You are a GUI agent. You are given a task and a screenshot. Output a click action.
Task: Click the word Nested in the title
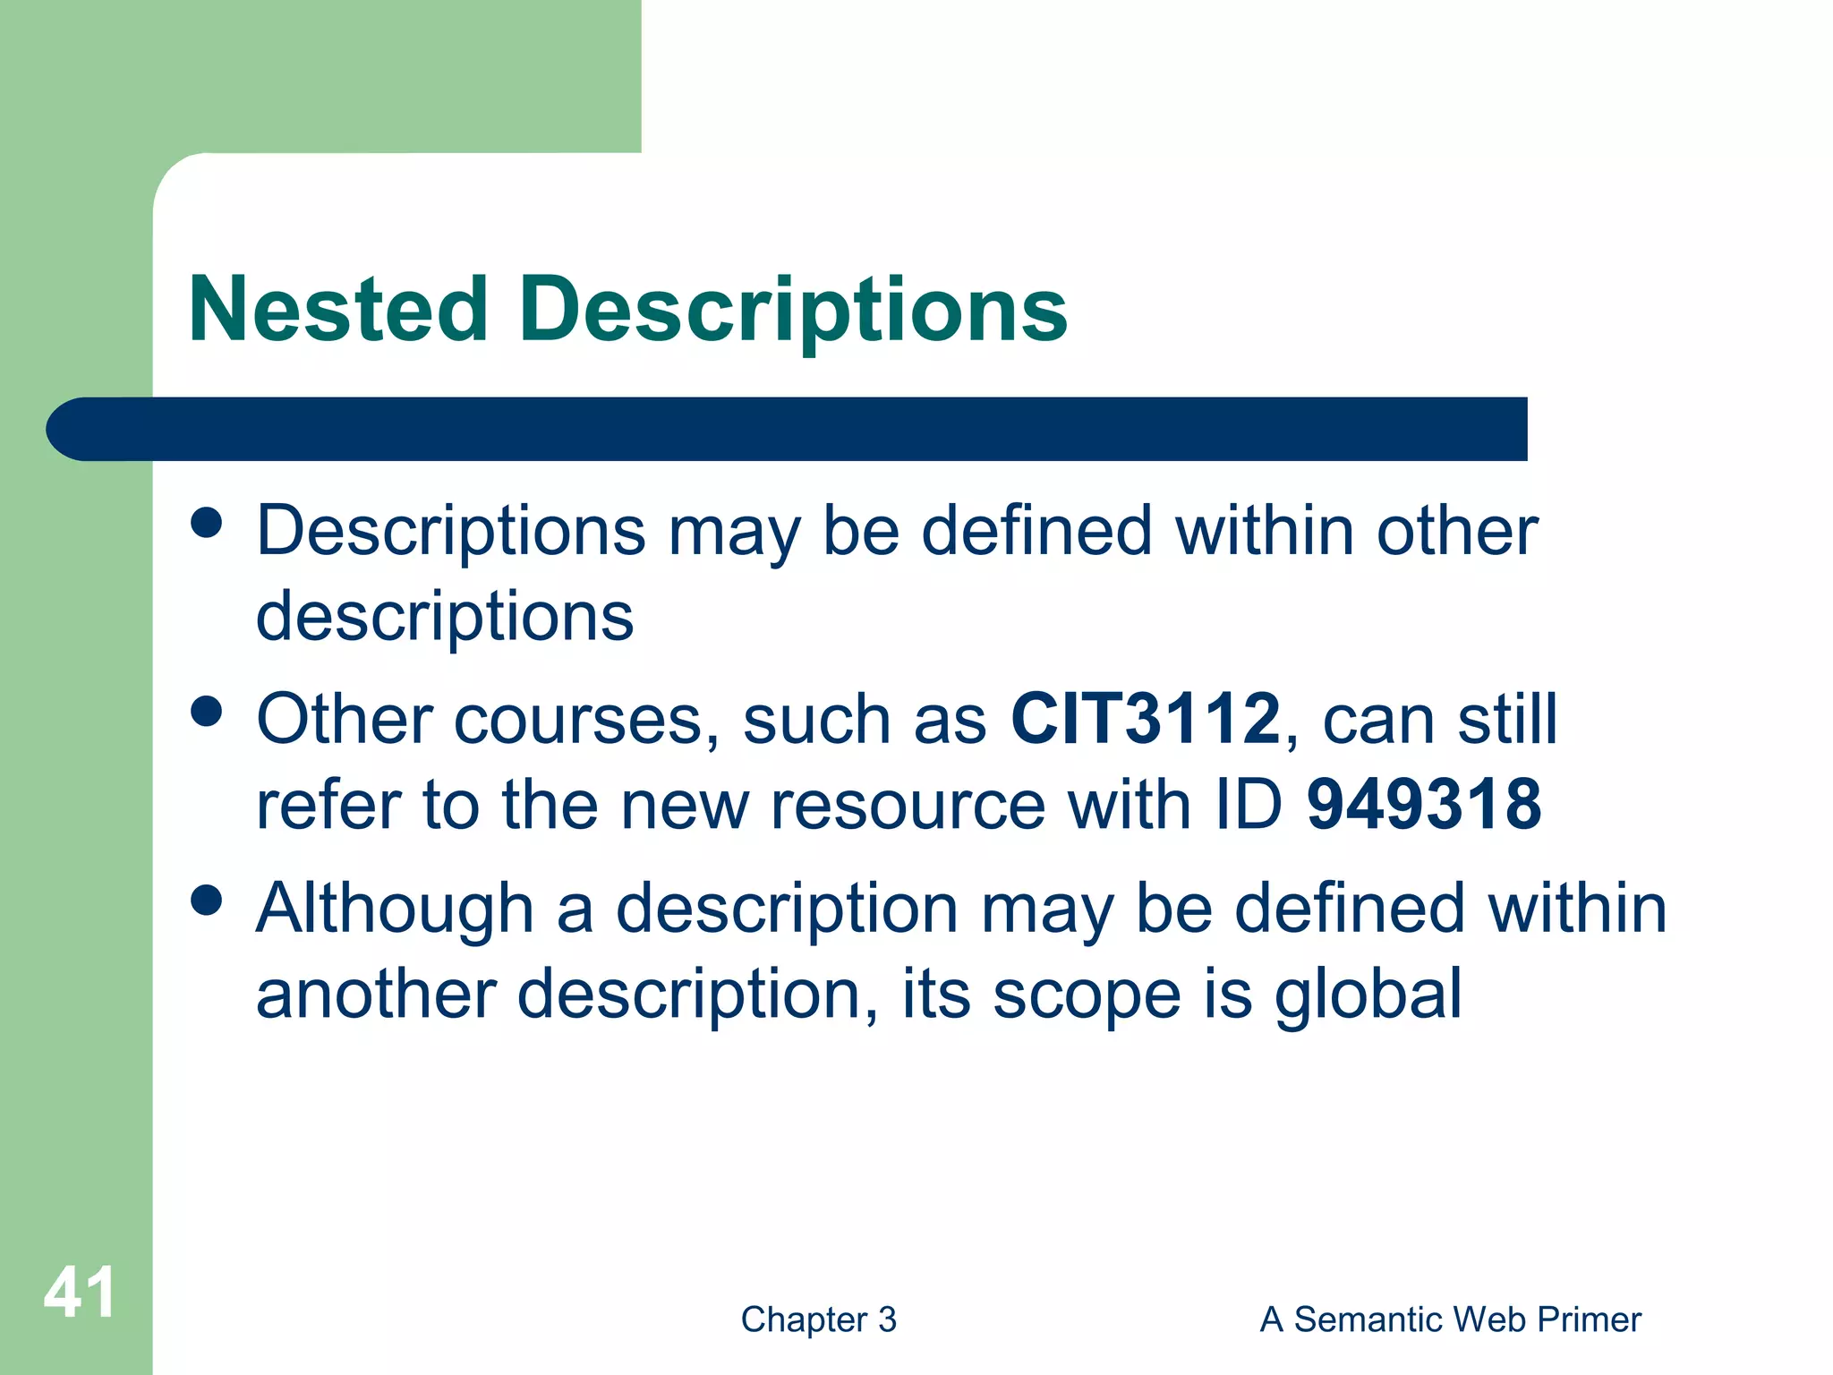coord(338,309)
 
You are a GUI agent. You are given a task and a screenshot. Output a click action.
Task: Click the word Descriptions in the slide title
coord(793,309)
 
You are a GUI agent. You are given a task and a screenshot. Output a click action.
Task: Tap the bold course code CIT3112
coord(1146,719)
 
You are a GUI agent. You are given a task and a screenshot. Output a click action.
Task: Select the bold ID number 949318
coord(1424,804)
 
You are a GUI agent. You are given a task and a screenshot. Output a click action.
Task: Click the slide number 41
coord(79,1293)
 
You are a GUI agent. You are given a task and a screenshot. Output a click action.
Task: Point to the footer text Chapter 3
coord(818,1319)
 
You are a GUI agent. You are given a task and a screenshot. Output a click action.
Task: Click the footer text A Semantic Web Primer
coord(1450,1319)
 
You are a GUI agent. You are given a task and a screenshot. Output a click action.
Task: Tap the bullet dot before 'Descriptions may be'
coord(207,523)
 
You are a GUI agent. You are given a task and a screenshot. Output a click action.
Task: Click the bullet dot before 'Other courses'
coord(207,713)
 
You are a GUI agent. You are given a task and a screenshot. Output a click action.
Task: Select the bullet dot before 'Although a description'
coord(207,901)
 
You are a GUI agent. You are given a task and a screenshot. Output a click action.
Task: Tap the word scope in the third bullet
coord(1087,995)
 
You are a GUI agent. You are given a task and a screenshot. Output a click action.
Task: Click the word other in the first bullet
coord(1456,531)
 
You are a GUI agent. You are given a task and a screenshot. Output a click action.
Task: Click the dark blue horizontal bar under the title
coord(788,429)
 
